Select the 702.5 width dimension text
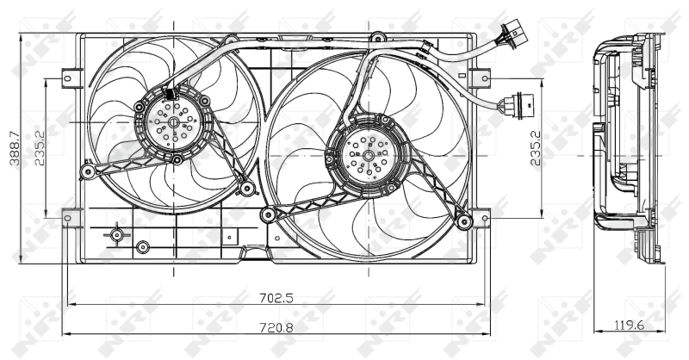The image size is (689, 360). point(277,298)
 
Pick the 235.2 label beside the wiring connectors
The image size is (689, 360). point(535,147)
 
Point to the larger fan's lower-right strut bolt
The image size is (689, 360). point(465,222)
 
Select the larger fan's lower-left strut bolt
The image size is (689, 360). point(266,213)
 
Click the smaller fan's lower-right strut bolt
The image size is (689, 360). point(246,187)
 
